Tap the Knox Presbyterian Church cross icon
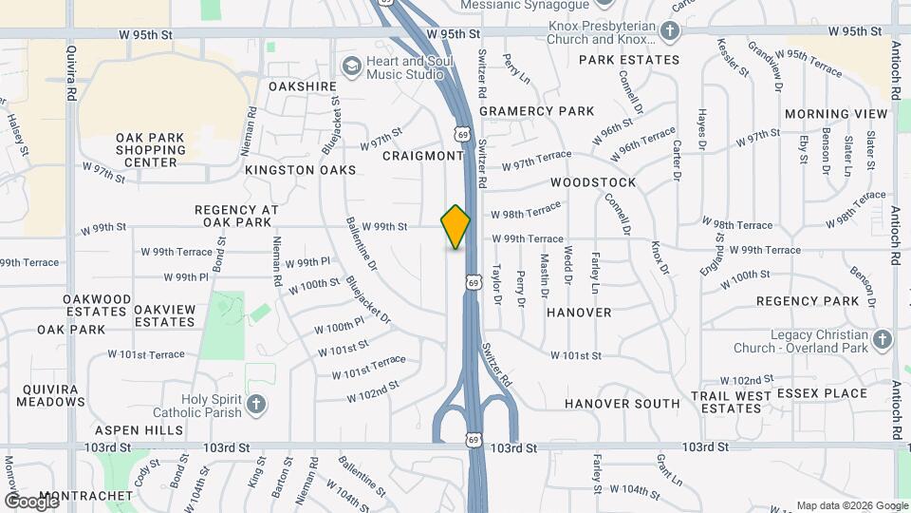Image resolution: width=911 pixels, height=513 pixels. point(670,32)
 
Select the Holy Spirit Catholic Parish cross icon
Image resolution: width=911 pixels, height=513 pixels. point(254,406)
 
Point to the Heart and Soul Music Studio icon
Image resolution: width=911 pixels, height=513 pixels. point(351,66)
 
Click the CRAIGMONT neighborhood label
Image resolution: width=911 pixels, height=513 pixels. point(423,155)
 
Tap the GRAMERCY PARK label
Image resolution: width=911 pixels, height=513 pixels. point(536,111)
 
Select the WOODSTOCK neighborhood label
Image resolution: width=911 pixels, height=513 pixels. point(593,181)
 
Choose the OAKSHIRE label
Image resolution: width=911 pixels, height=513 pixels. point(303,86)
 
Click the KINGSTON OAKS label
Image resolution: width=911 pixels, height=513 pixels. point(300,170)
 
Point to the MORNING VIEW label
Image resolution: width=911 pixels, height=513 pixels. point(836,114)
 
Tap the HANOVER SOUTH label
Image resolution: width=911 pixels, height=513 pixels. point(622,403)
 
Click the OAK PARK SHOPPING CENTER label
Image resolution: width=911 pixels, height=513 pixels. point(150,150)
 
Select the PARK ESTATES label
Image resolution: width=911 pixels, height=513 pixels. point(629,59)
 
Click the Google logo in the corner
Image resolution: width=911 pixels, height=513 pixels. point(31,501)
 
